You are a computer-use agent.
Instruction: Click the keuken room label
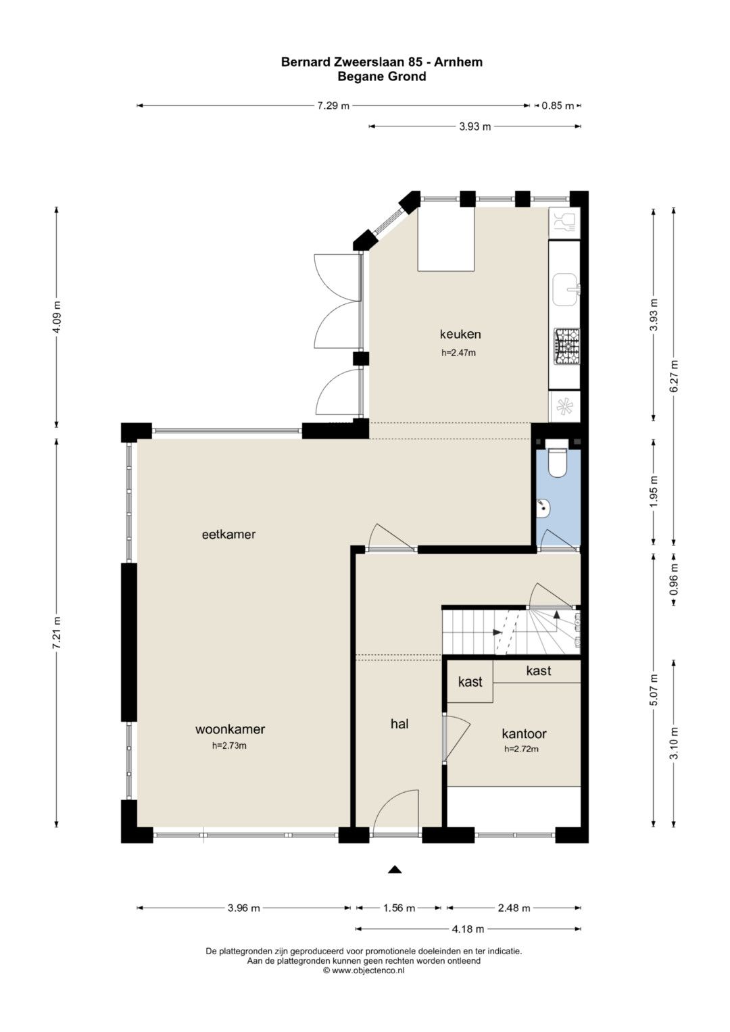[x=460, y=334]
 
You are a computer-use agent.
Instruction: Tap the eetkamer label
[x=228, y=535]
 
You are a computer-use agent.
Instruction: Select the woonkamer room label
[x=230, y=729]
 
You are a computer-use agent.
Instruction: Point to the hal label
[x=399, y=724]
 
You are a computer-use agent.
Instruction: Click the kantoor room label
[x=524, y=733]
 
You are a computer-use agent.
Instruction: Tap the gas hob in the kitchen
[x=566, y=347]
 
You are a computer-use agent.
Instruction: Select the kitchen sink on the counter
[x=566, y=289]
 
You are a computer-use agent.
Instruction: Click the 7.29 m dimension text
[x=333, y=105]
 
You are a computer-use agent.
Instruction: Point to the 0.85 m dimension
[x=558, y=105]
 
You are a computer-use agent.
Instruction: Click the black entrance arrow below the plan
[x=395, y=869]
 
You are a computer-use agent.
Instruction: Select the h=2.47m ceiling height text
[x=458, y=353]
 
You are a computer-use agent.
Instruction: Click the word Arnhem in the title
[x=459, y=62]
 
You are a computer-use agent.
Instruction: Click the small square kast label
[x=470, y=681]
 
